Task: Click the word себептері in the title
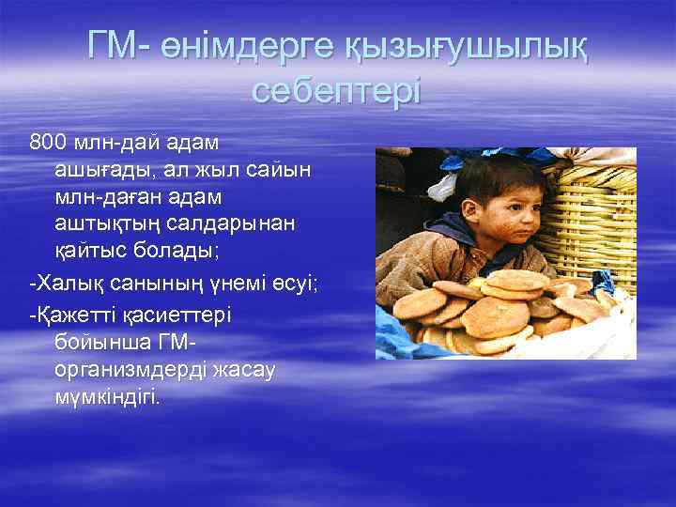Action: (x=337, y=92)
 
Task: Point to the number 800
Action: (x=50, y=143)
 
